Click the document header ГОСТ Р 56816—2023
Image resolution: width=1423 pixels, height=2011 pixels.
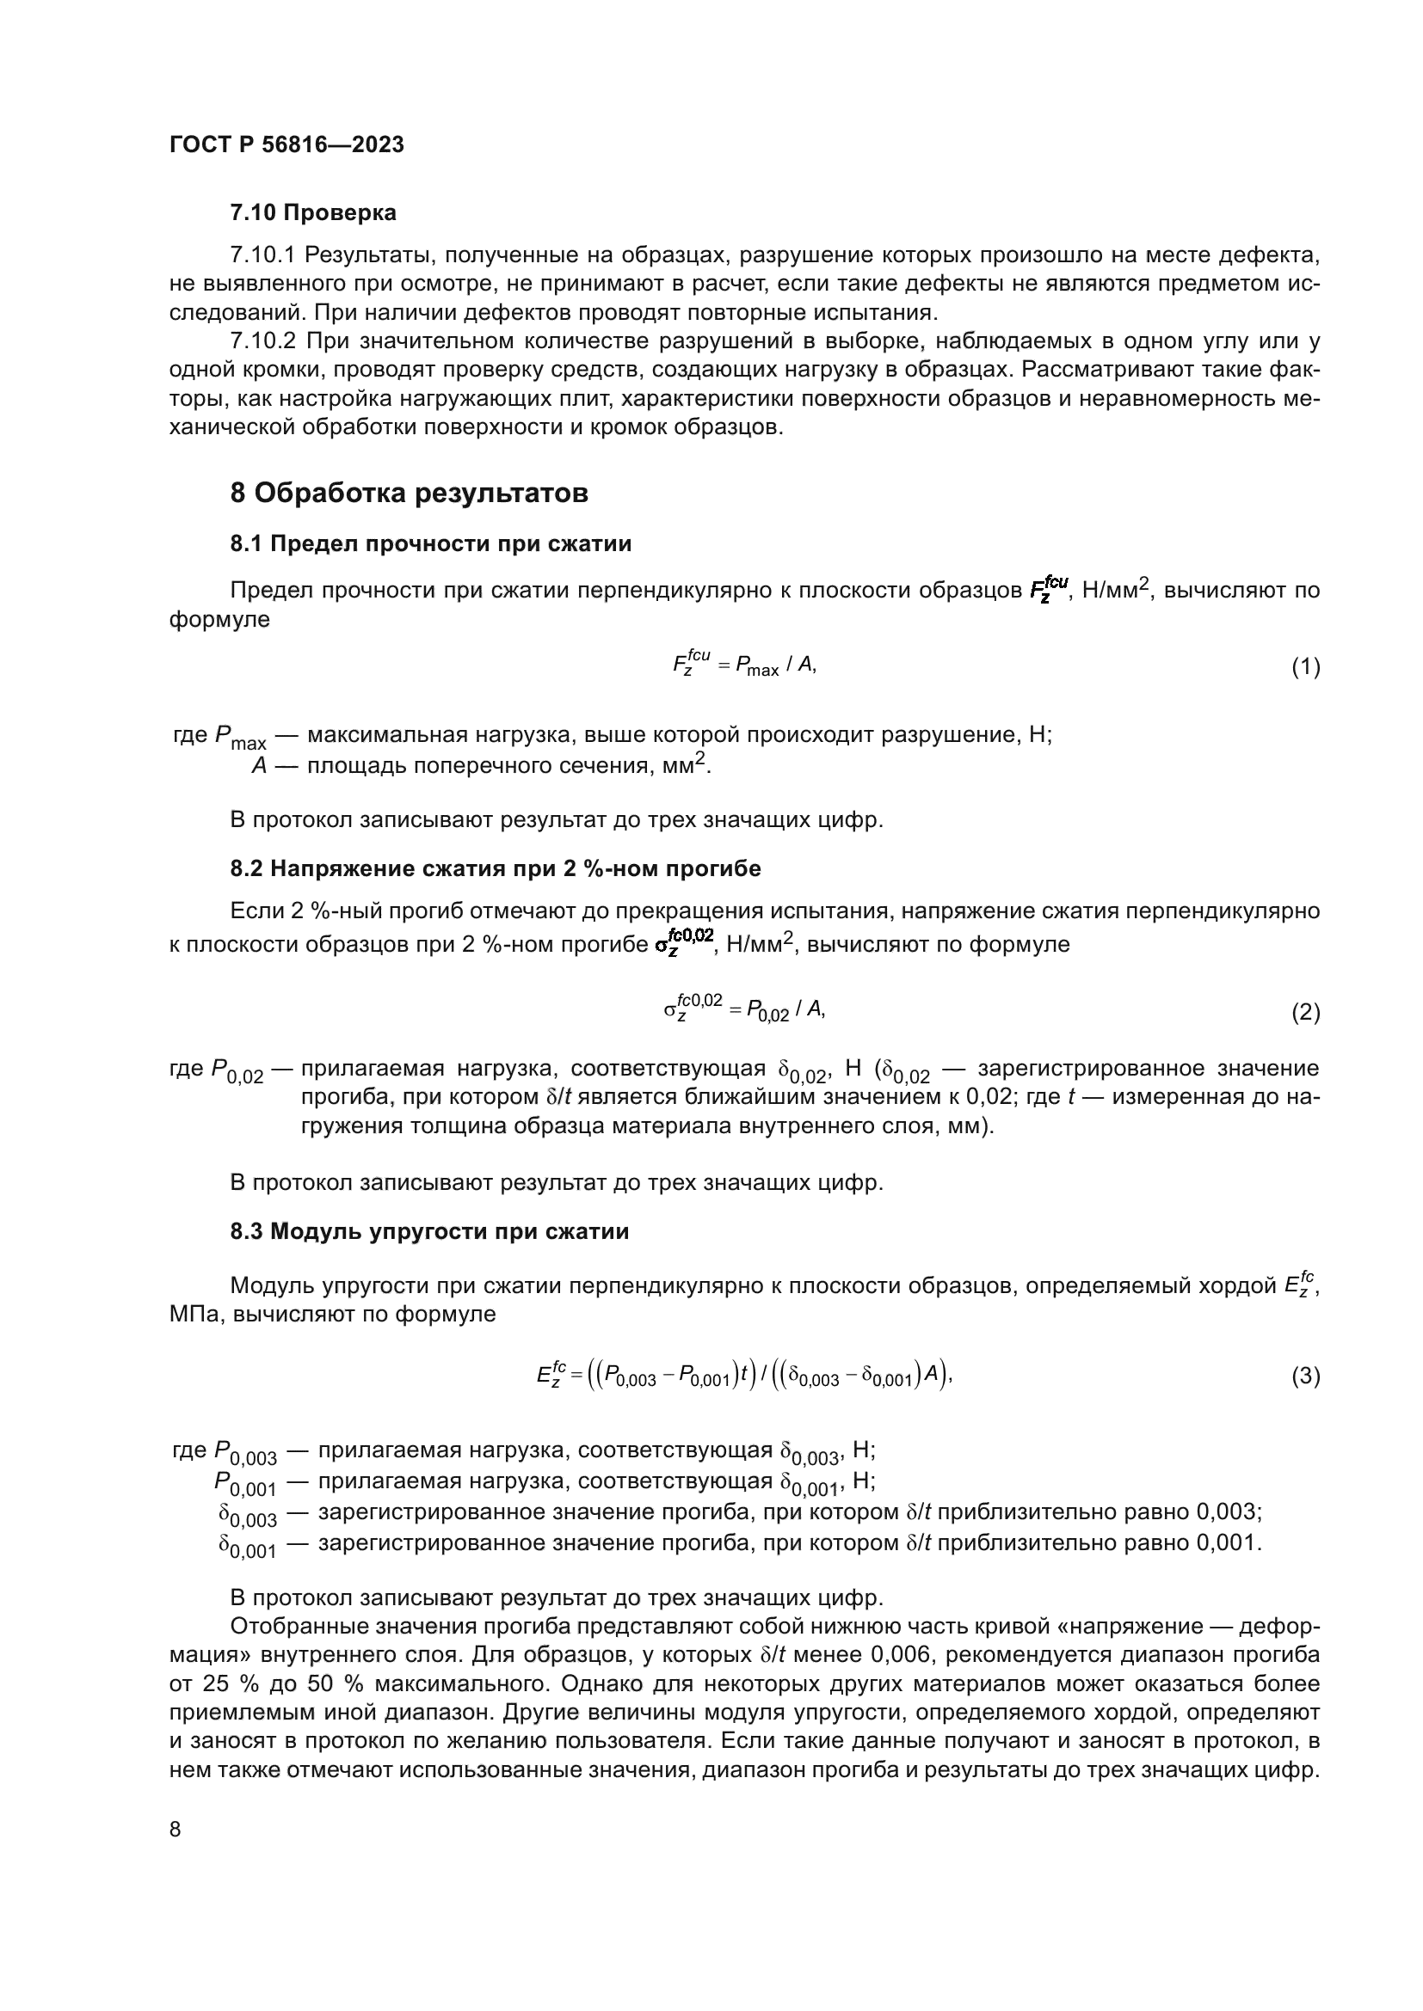286,145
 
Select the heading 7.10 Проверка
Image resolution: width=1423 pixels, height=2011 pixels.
313,213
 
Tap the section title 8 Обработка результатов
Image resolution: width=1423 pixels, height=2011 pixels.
409,494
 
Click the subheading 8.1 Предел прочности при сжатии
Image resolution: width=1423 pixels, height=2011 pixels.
430,544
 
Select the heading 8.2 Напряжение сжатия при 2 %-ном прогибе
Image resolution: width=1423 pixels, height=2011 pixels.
495,869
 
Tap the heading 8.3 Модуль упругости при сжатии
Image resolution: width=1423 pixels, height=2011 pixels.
429,1231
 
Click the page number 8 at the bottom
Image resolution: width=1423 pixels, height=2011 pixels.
176,1830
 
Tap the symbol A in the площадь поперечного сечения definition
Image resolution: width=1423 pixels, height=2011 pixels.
258,766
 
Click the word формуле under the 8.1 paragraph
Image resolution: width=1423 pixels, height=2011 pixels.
219,620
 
